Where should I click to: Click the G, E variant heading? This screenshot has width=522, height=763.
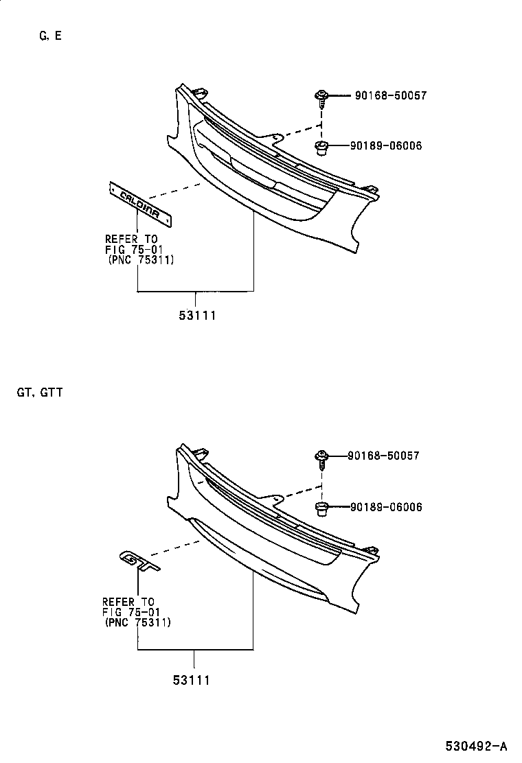click(x=50, y=36)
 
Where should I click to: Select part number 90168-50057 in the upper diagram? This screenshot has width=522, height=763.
click(x=390, y=96)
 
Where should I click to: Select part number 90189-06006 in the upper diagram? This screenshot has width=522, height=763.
click(x=385, y=145)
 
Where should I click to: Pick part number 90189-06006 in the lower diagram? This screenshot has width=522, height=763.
click(x=385, y=507)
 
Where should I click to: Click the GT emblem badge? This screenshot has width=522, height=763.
click(x=139, y=560)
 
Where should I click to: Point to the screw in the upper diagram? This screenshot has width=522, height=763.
click(x=321, y=98)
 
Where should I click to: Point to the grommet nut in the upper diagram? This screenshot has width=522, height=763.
click(x=321, y=146)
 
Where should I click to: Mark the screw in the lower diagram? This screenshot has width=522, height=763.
click(x=321, y=458)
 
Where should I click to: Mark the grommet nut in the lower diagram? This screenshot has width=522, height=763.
click(x=321, y=508)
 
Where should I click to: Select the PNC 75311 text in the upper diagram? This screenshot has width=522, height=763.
click(x=141, y=260)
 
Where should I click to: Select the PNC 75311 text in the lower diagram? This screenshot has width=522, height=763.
click(x=138, y=622)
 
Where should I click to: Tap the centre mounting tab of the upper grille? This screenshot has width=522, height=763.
click(x=274, y=138)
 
